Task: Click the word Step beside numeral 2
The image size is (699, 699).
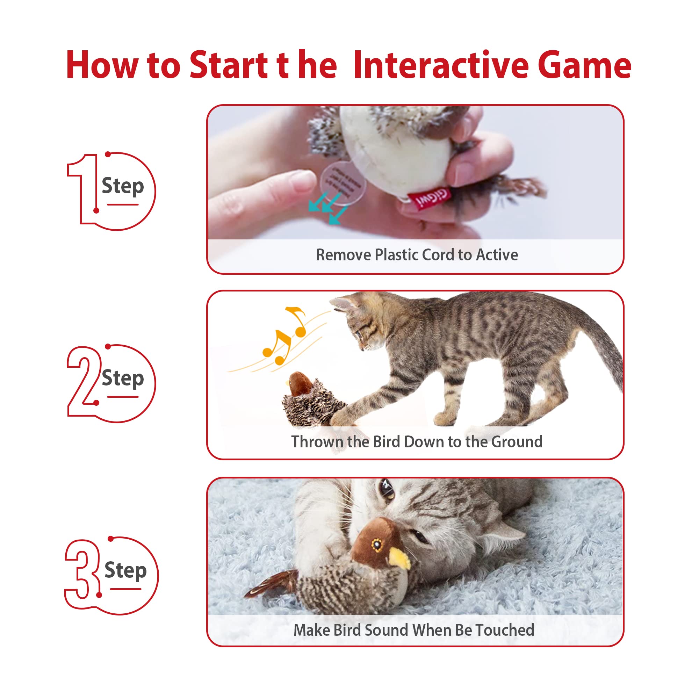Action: tap(123, 378)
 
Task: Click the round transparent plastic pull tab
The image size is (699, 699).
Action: tap(342, 183)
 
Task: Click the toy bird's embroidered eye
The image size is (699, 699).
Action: tap(377, 544)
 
